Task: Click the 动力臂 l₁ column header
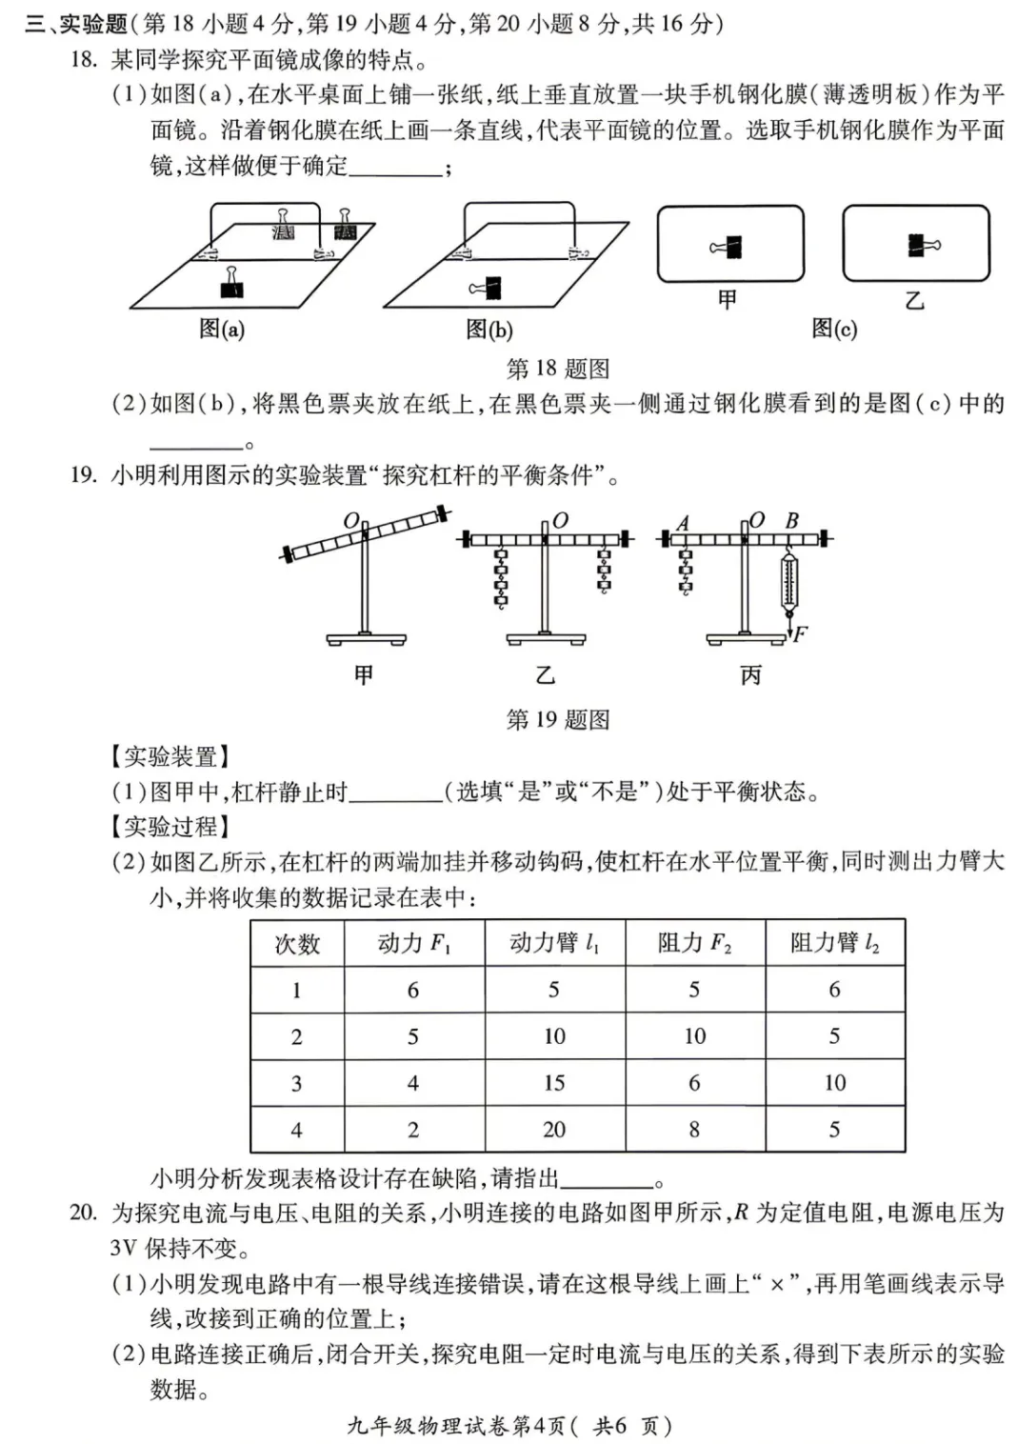(x=554, y=943)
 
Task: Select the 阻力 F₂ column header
(x=694, y=943)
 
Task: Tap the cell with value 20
(x=554, y=1130)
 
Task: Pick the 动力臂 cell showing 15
(x=554, y=1083)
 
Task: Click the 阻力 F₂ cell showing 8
(x=694, y=1130)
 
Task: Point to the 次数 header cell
(x=297, y=943)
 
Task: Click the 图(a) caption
(x=222, y=330)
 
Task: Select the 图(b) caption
(x=489, y=330)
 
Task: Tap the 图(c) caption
(x=834, y=329)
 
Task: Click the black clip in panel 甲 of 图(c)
(x=730, y=248)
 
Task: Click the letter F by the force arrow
(x=801, y=632)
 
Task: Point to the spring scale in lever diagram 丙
(x=788, y=582)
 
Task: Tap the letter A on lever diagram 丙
(x=683, y=523)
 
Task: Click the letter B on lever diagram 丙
(x=791, y=521)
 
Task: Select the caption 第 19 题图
(x=557, y=720)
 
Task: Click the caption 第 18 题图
(x=557, y=369)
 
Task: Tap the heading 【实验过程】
(x=170, y=826)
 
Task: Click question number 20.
(x=83, y=1213)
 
